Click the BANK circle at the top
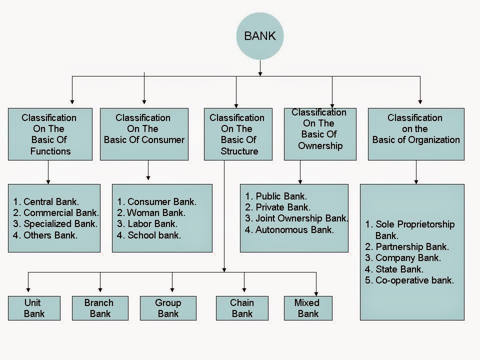260,36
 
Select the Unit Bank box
34,308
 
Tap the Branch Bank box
100,308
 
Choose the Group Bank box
168,308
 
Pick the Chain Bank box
242,308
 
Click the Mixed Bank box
308,308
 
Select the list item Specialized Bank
60,224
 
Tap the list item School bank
154,235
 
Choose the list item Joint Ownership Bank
301,218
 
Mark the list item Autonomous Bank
294,230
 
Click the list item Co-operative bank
414,280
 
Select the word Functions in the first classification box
50,151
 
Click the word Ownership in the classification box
320,145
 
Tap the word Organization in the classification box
433,140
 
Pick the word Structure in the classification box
239,151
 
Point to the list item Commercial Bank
61,213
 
